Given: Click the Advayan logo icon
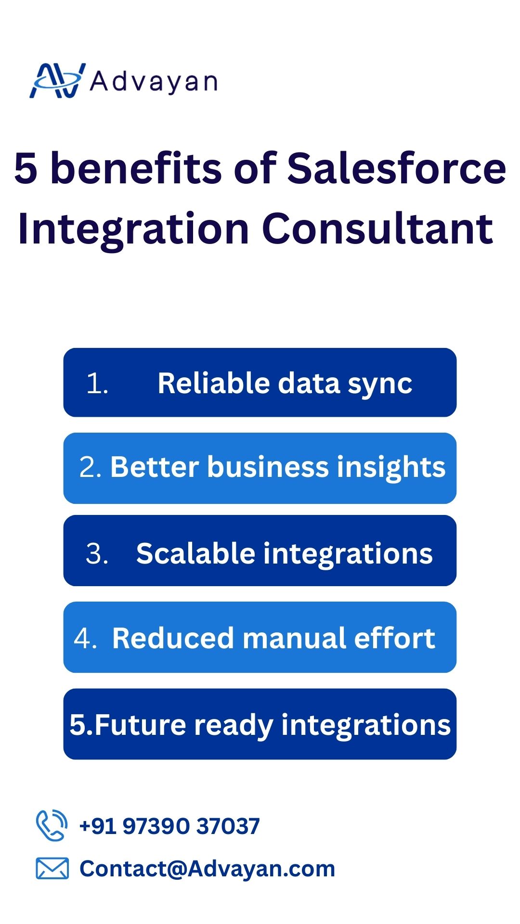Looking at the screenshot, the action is point(58,80).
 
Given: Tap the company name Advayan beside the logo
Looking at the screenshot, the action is point(154,82).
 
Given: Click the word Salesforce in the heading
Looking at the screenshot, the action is point(397,168).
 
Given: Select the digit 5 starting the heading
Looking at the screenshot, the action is point(26,168).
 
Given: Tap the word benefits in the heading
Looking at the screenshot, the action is point(136,168).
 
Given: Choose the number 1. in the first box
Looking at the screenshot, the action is point(97,384).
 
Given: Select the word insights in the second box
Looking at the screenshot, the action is point(391,468).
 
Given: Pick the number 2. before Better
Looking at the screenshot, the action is point(90,467).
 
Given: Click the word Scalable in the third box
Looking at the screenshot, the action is point(195,553).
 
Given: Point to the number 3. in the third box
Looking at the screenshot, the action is point(97,554).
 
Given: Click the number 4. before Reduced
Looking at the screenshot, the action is point(85,639).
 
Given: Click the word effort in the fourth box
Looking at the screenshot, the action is point(395,638).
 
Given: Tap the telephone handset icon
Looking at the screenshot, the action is point(52,825).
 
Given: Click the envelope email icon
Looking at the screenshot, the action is point(52,868).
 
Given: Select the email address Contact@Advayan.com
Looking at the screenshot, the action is point(207,869).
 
